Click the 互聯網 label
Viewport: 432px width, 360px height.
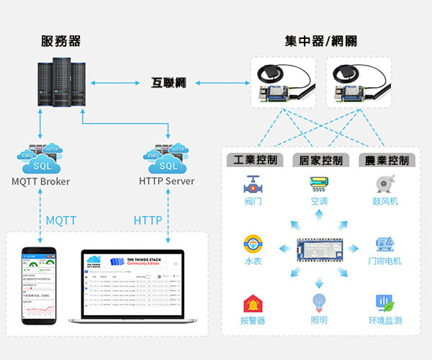pos(168,83)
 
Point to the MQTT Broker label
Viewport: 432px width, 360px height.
pos(41,181)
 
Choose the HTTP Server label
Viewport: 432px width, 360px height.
pos(167,181)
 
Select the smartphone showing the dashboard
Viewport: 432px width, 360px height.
pos(39,283)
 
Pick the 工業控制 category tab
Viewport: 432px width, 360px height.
pos(252,160)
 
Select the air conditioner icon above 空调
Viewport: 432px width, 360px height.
pos(318,183)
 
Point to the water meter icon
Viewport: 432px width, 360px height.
pos(252,243)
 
